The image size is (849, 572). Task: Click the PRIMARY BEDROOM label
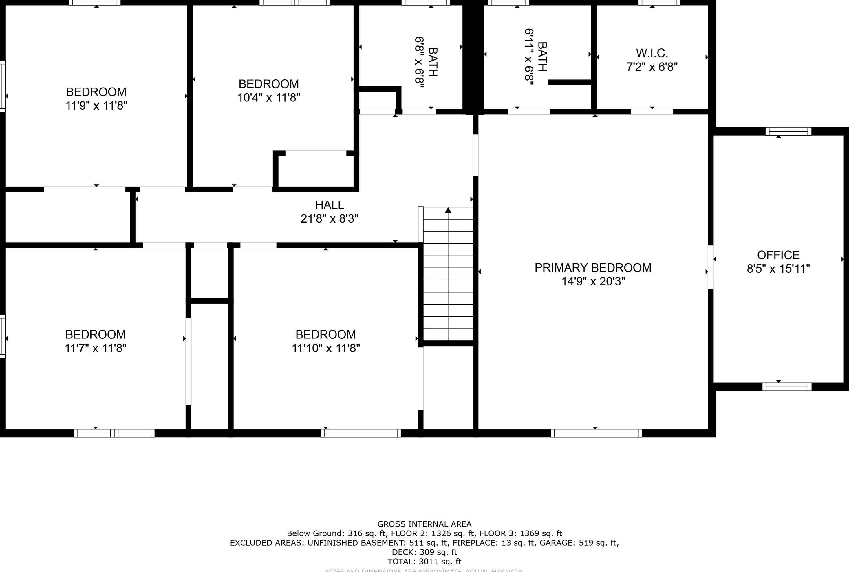point(593,268)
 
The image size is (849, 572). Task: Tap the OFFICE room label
point(778,255)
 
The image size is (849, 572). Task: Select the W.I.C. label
point(652,53)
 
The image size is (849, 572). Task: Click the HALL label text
point(329,205)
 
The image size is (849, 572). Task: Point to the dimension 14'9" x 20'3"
point(593,282)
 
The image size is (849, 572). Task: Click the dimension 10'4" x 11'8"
point(269,98)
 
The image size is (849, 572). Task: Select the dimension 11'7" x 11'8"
point(96,348)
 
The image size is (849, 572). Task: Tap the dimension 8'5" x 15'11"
point(778,269)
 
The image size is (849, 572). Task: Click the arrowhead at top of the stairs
point(448,210)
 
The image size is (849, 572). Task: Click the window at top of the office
point(788,131)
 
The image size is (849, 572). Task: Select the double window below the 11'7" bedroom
point(114,433)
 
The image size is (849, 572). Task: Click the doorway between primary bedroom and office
point(711,267)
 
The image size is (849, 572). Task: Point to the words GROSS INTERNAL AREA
point(424,524)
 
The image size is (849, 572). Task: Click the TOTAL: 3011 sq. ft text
point(424,561)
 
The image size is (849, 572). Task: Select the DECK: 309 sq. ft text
point(424,552)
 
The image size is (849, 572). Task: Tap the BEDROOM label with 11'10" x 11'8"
point(325,334)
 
